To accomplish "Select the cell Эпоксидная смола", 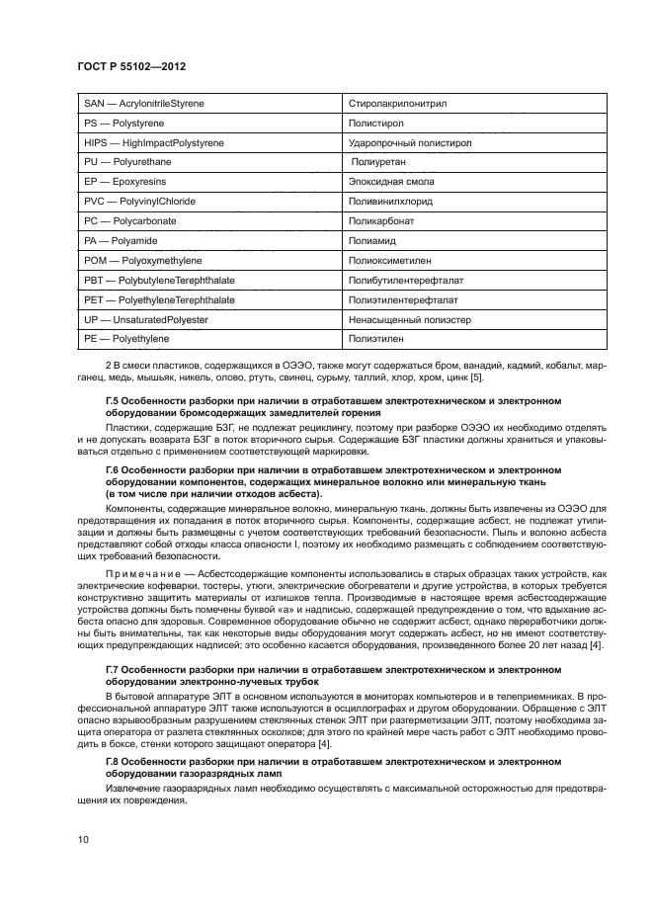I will (391, 182).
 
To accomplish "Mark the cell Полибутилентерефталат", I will (406, 280).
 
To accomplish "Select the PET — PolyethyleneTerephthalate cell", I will (159, 299).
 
